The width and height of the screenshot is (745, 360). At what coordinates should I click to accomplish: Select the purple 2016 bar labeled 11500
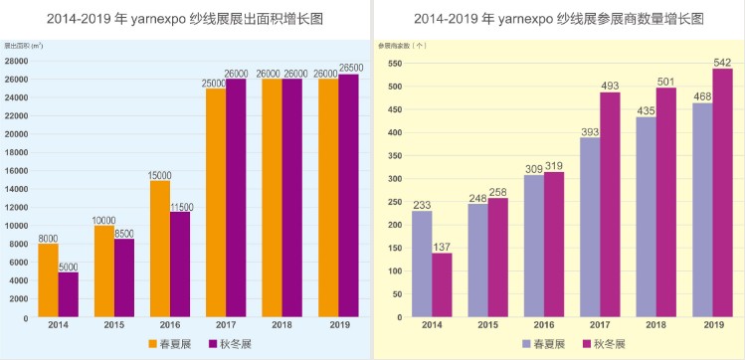(179, 265)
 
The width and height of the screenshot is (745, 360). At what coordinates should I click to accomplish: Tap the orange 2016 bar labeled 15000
(160, 249)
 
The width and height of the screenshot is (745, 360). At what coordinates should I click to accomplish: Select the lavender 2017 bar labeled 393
(591, 228)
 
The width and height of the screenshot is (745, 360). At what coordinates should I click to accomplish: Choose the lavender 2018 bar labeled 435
(647, 218)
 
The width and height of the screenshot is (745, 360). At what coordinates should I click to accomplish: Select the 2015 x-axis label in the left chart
(113, 325)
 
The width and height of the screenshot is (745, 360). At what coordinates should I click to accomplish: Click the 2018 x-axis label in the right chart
(657, 325)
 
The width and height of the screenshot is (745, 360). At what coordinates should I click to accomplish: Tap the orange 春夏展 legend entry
(162, 343)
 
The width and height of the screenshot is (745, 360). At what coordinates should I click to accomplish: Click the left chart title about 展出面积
(185, 19)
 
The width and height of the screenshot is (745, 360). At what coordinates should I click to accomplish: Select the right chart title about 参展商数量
(558, 19)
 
